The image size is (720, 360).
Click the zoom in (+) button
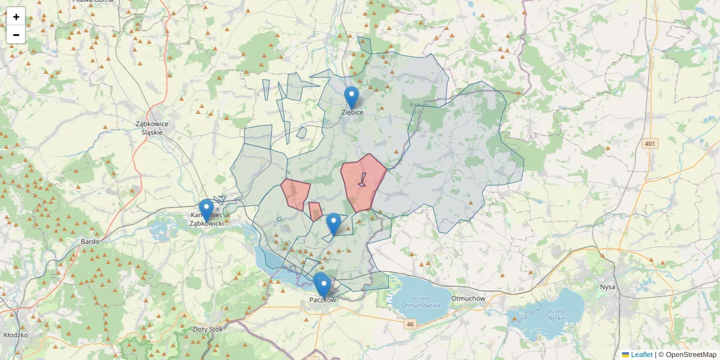16,17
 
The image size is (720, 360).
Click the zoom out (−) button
16,35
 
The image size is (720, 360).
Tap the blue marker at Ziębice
352,98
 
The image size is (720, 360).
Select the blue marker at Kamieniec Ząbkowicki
206,211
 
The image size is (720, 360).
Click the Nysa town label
607,287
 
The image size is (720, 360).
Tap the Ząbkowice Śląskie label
152,128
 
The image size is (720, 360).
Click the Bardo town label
89,242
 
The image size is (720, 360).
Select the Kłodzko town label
16,335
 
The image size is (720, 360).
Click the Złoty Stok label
207,329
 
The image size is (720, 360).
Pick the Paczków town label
323,299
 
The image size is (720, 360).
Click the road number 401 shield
650,144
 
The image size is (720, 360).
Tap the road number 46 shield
410,324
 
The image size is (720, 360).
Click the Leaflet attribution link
641,355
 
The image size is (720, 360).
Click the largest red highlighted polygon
362,183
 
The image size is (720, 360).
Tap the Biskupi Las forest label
416,107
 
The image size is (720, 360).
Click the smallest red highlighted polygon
315,211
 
